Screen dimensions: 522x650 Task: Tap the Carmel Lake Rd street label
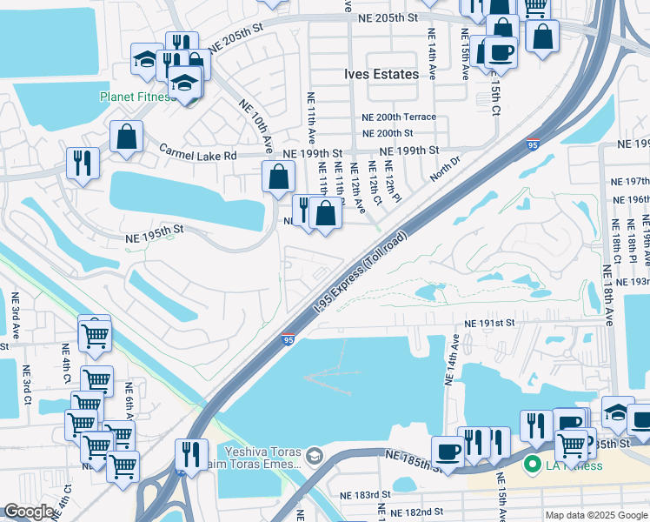point(197,154)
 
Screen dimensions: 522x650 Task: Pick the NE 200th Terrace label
point(400,117)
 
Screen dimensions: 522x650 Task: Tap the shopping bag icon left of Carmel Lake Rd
point(127,137)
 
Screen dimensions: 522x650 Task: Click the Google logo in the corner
point(29,512)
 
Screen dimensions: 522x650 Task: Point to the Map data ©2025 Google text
point(595,515)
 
